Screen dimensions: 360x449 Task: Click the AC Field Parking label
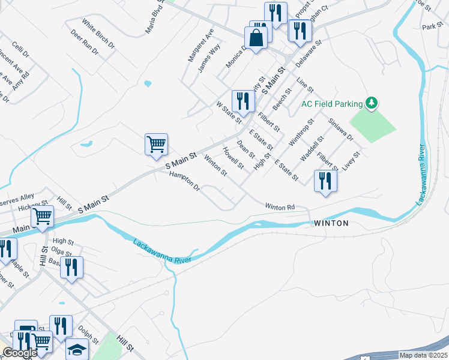click(333, 104)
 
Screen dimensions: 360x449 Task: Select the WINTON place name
click(330, 223)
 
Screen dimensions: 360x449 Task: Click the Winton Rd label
click(280, 207)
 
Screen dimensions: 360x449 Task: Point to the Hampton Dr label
click(184, 181)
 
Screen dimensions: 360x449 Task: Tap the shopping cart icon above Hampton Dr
click(156, 144)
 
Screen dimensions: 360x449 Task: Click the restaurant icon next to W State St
click(243, 100)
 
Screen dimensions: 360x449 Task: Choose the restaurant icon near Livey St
click(325, 180)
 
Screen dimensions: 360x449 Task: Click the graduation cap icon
click(77, 349)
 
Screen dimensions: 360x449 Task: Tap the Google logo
click(20, 353)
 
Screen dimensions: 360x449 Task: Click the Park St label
click(432, 27)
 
